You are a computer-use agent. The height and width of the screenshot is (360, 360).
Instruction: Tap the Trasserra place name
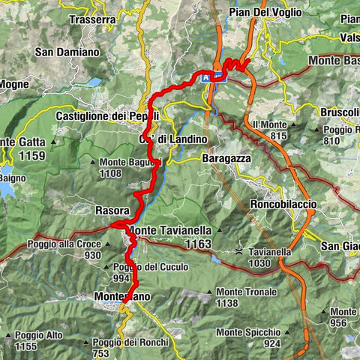pos(94,20)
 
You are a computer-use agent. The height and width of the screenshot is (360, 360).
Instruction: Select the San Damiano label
pos(67,52)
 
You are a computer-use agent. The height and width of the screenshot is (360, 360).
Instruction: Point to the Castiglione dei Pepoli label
pos(107,116)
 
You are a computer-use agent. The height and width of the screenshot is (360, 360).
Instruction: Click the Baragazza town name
pos(227,158)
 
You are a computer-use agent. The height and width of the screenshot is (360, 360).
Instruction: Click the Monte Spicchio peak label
pos(248,331)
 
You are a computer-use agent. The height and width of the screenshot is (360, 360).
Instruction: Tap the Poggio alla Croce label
pos(64,244)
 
